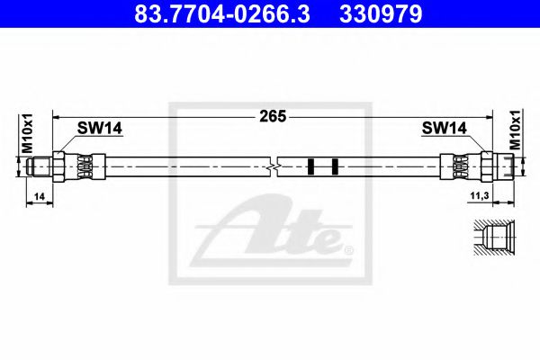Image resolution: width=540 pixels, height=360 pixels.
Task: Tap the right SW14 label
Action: (442, 129)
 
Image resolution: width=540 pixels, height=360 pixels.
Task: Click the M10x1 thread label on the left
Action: (27, 131)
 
